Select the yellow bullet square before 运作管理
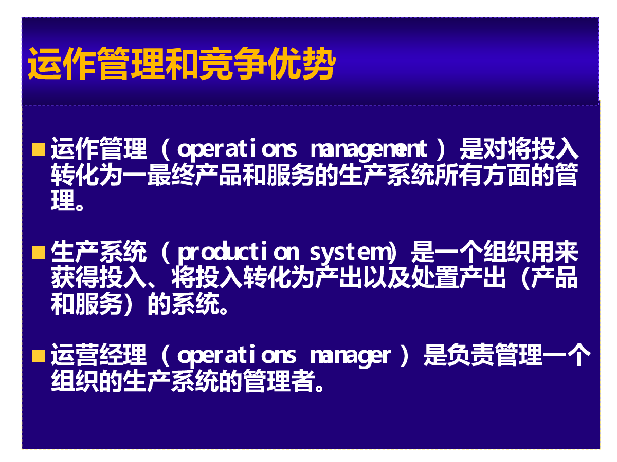point(39,149)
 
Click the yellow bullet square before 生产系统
point(39,253)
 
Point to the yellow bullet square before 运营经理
point(39,356)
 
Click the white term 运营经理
point(99,355)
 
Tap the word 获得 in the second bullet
point(75,277)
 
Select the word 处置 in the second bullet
point(435,277)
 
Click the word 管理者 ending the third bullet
point(279,381)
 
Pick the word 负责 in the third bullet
point(459,355)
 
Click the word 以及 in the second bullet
point(387,277)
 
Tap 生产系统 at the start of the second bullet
point(99,252)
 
